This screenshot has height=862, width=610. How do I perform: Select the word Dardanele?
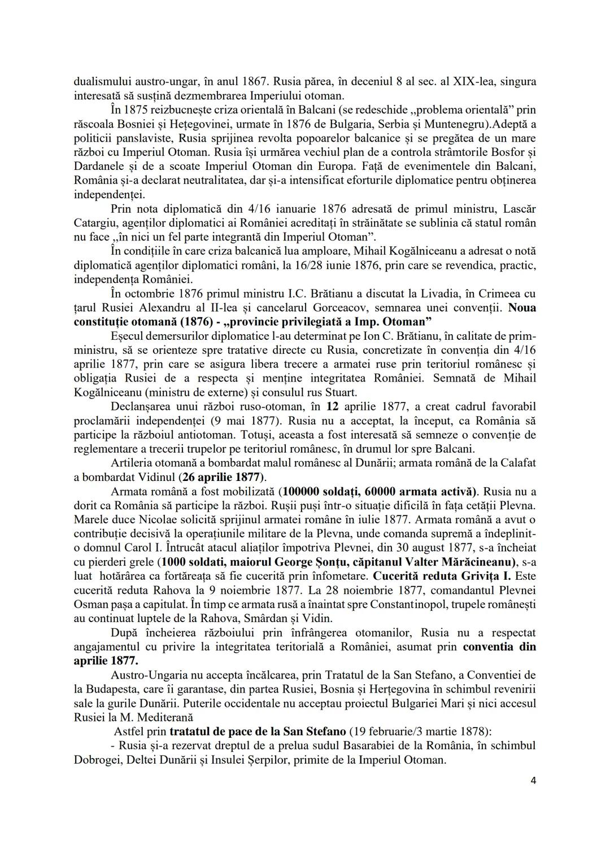pyautogui.click(x=96, y=167)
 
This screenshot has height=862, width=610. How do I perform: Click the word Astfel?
pyautogui.click(x=127, y=732)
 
